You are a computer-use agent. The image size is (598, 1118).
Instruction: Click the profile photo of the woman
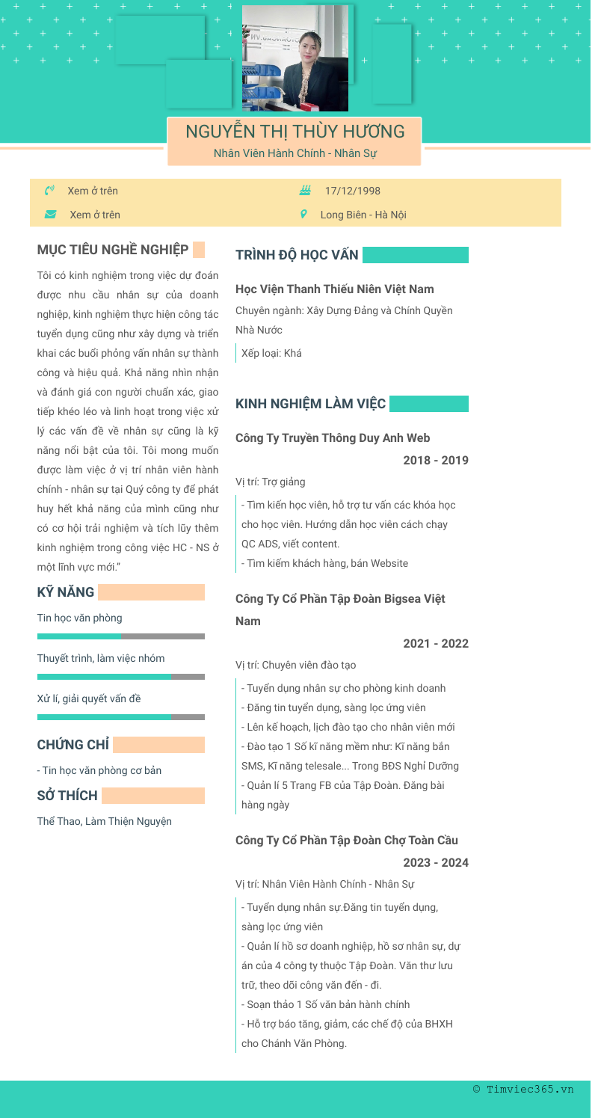click(295, 58)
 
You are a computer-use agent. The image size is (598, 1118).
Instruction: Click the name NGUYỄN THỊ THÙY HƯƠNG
click(295, 132)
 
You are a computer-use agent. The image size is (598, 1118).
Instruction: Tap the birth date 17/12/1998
click(352, 191)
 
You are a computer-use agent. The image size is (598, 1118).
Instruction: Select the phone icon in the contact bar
click(50, 191)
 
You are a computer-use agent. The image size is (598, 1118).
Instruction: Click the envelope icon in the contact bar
click(50, 215)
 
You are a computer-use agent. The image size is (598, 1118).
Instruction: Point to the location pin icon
click(303, 215)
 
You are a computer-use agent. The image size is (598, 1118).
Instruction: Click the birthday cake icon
click(305, 191)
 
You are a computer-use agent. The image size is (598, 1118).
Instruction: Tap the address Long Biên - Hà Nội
click(363, 215)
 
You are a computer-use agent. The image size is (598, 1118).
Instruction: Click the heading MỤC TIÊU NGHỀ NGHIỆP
click(113, 249)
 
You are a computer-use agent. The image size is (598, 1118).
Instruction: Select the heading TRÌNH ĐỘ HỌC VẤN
click(297, 255)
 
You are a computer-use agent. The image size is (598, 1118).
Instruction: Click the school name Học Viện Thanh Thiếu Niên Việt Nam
click(334, 289)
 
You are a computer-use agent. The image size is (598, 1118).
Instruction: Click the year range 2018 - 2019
click(436, 460)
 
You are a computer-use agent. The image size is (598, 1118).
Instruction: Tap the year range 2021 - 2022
click(436, 643)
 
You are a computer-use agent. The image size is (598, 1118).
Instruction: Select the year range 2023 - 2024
click(436, 862)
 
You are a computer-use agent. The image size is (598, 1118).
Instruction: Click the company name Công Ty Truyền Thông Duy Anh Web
click(333, 437)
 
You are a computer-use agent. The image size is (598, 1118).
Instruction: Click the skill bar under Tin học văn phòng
click(120, 636)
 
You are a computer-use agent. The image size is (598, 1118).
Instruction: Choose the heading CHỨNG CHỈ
click(73, 744)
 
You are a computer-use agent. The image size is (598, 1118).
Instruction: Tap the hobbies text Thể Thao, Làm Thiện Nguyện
click(105, 821)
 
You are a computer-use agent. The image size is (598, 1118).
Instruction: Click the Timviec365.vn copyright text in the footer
click(523, 1089)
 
